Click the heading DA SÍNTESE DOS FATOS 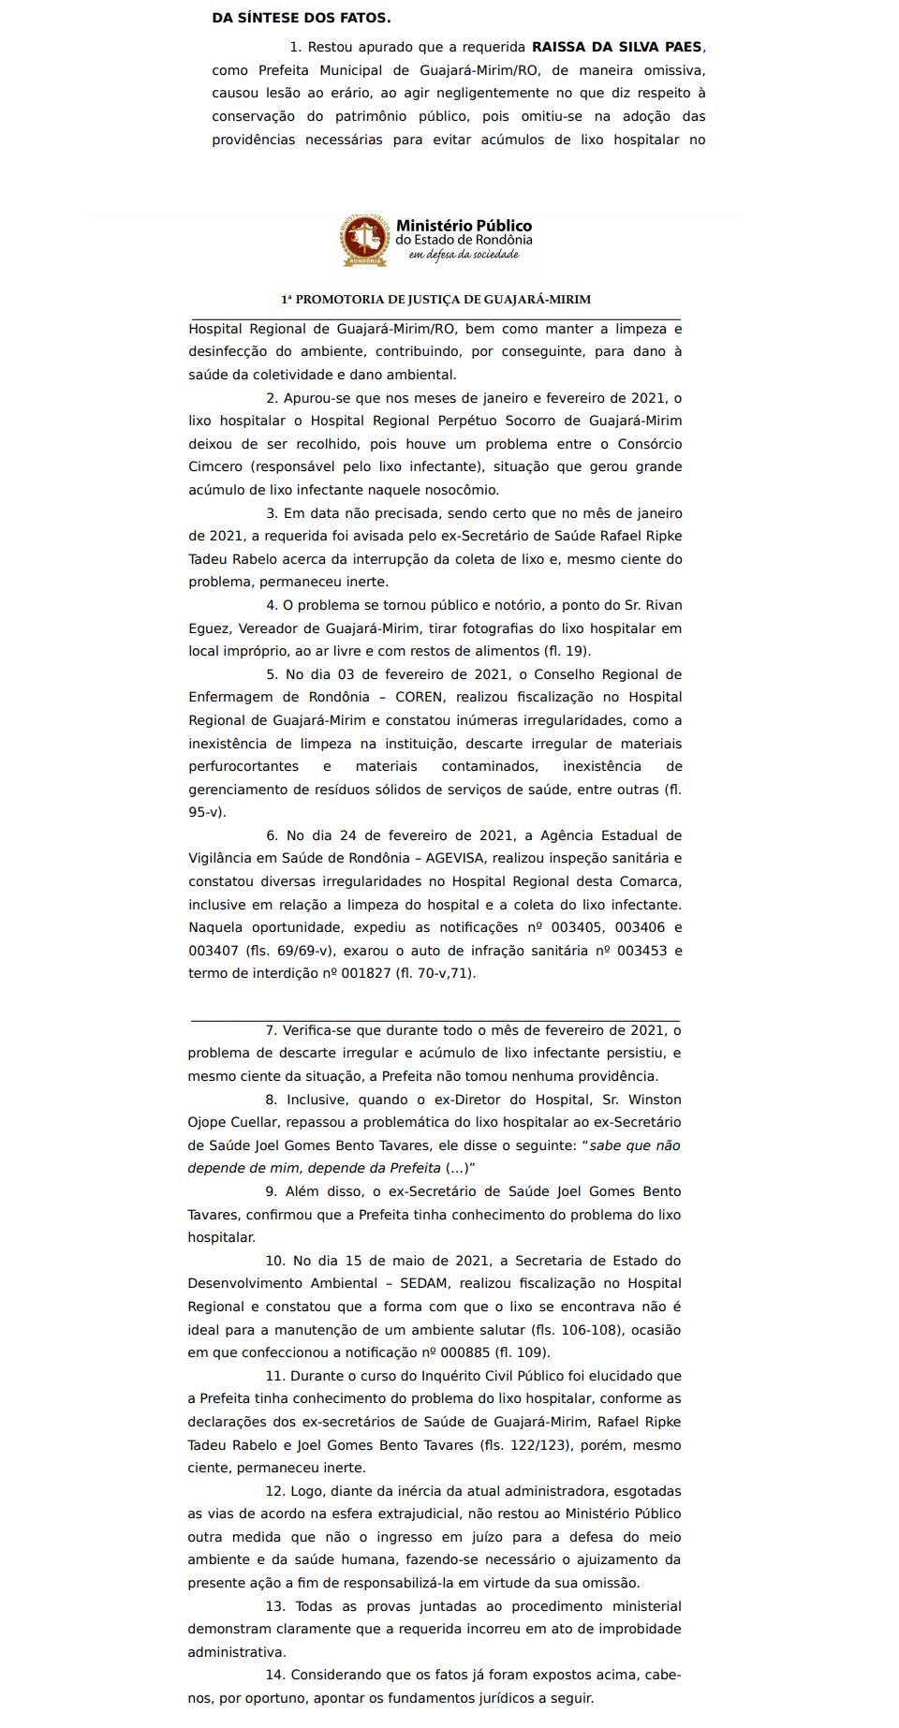click(302, 18)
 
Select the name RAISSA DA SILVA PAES click(617, 47)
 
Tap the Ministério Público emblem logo click(365, 241)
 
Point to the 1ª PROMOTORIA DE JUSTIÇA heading click(435, 300)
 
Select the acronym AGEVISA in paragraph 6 click(455, 859)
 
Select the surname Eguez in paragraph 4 click(208, 628)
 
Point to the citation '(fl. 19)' click(567, 652)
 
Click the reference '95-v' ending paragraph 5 click(205, 813)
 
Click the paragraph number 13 click(274, 1607)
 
